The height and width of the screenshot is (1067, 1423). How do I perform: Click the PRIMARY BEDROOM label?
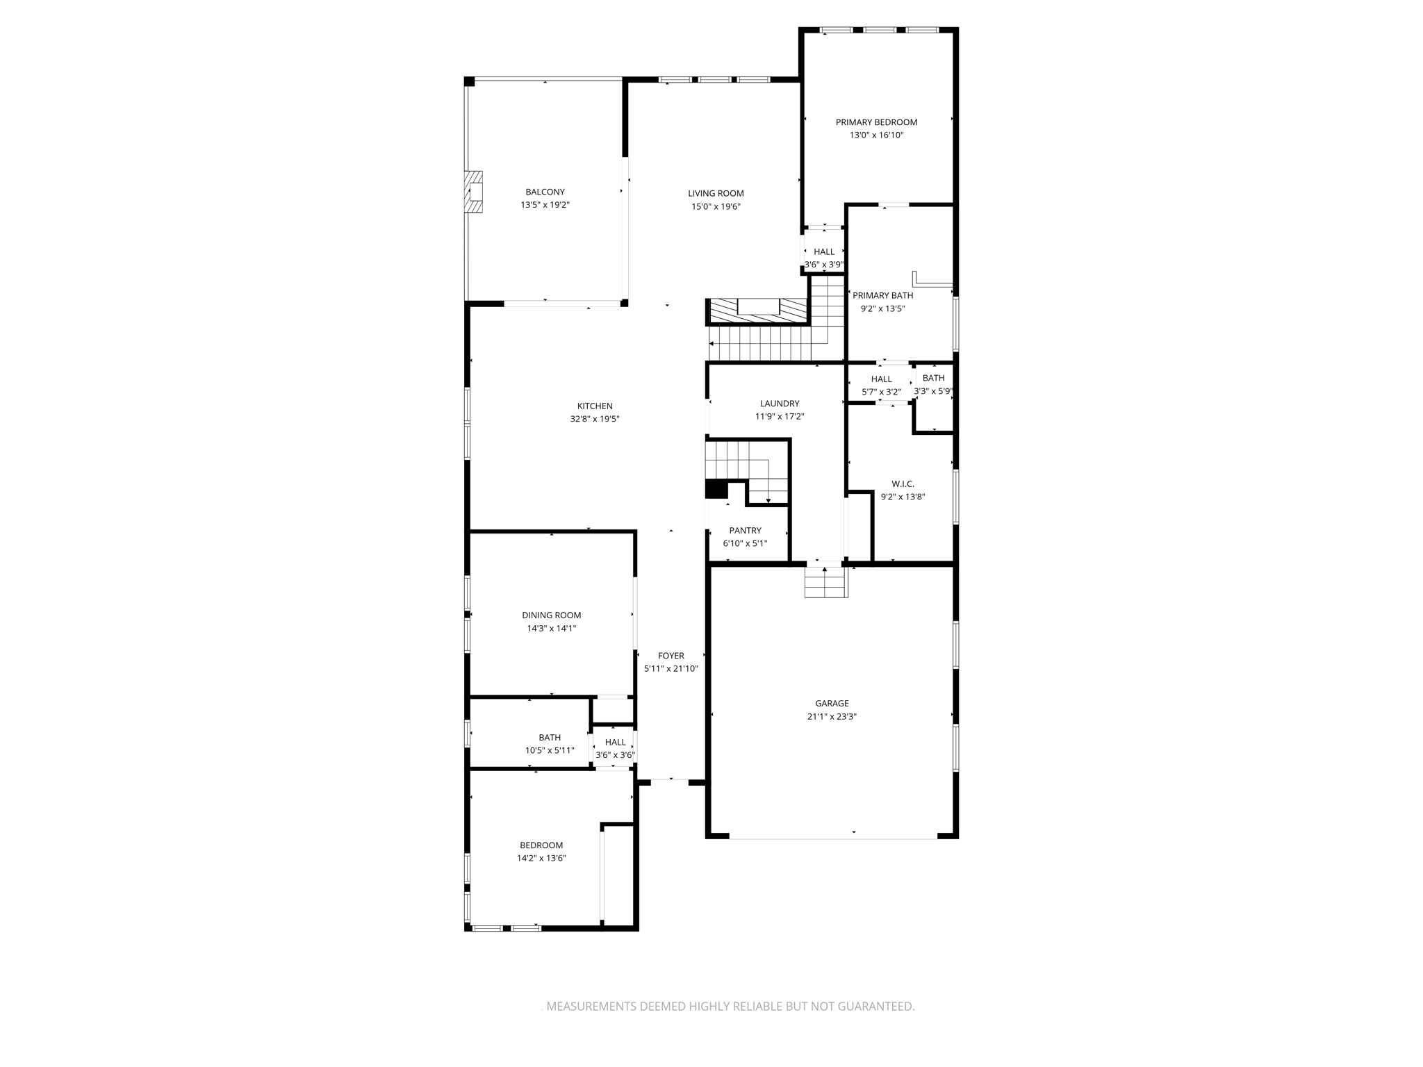[x=876, y=122]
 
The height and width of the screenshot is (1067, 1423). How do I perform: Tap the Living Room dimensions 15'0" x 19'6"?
[x=716, y=206]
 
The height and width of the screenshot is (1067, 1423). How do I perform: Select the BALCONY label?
[x=545, y=192]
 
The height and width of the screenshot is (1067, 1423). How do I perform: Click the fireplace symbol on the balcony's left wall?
[x=475, y=192]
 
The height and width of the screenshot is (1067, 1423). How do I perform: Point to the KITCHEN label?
[x=595, y=406]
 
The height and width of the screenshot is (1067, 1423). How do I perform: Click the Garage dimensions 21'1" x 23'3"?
[x=832, y=717]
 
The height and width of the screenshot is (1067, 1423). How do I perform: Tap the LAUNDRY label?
[x=780, y=404]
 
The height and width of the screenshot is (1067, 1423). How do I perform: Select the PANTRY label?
[x=745, y=531]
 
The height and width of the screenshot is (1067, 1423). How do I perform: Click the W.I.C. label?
[x=903, y=484]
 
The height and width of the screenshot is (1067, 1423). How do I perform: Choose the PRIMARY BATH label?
[x=882, y=296]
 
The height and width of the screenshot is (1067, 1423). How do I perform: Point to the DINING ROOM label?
[x=551, y=615]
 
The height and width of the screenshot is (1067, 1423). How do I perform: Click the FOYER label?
[x=671, y=656]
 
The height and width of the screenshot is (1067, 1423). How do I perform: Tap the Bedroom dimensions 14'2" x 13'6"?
[x=541, y=858]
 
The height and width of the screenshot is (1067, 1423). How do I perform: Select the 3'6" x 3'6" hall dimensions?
[x=615, y=755]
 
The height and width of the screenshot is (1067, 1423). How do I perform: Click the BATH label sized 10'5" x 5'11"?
[x=549, y=738]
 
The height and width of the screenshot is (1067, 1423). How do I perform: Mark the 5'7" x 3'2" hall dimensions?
[x=881, y=392]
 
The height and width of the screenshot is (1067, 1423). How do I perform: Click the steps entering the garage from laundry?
[x=826, y=582]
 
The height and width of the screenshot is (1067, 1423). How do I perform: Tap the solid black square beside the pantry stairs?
[x=716, y=489]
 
